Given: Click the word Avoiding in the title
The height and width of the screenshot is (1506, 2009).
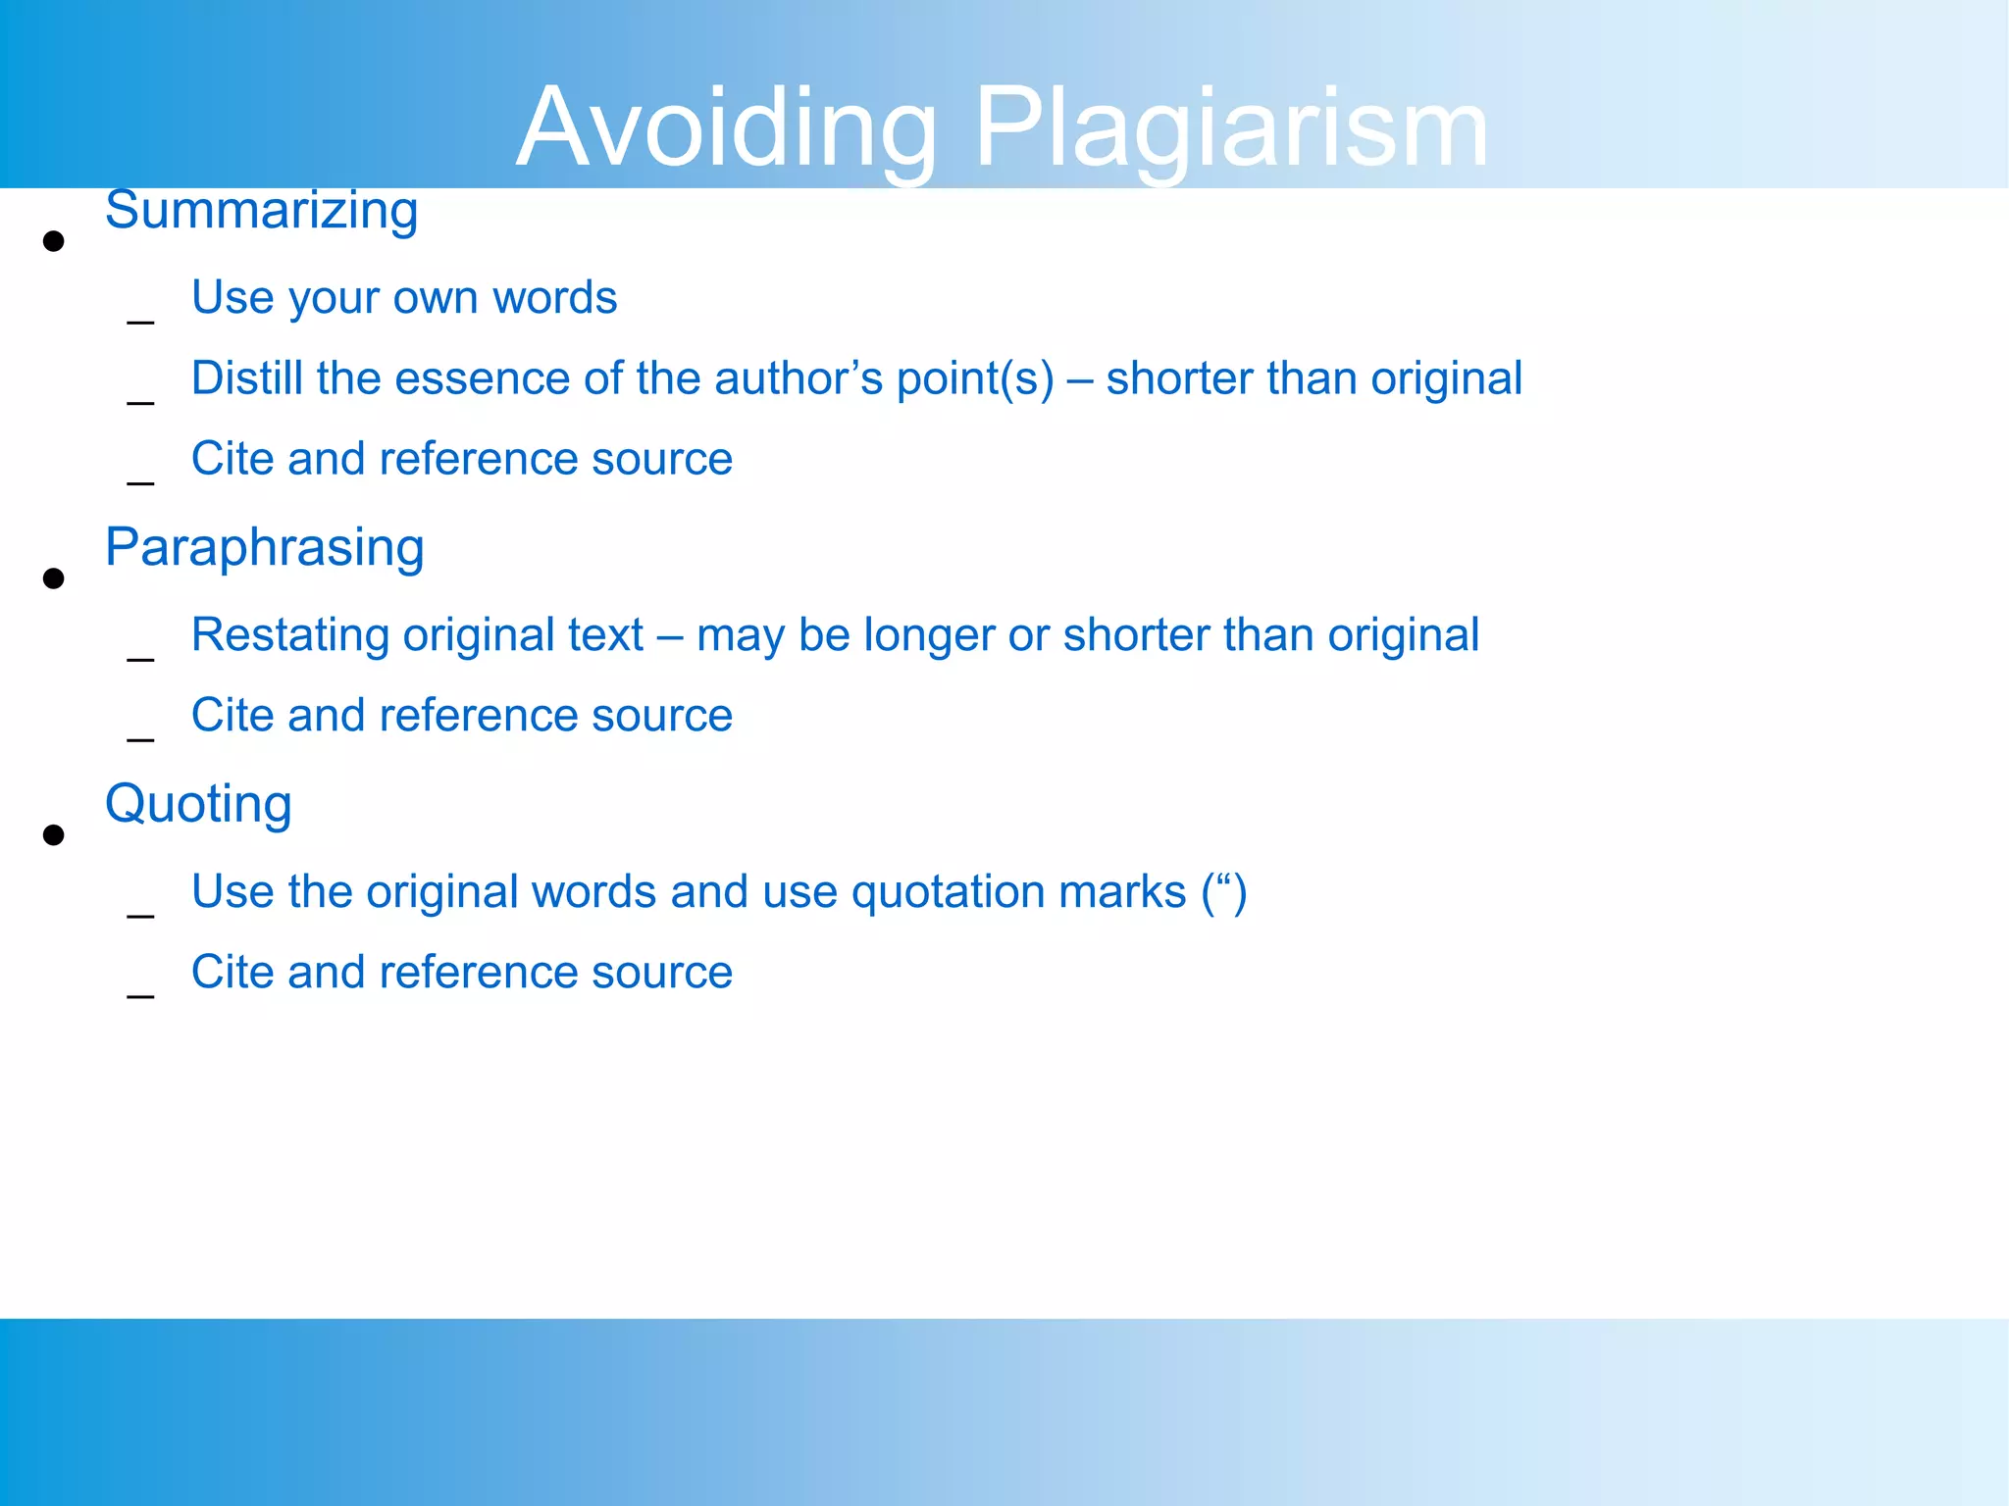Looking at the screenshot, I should (x=726, y=129).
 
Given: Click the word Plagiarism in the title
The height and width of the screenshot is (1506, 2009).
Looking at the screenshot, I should (x=1231, y=129).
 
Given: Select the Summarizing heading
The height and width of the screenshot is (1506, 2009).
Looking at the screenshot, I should (x=261, y=211).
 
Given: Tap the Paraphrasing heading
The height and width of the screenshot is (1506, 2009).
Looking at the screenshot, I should (x=264, y=547).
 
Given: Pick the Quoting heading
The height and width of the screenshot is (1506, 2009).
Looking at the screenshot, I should (x=198, y=804).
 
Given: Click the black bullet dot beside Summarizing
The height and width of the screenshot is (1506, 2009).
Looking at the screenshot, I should (x=54, y=241).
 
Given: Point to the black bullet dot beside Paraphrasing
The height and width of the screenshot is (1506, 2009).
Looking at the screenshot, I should (x=54, y=578).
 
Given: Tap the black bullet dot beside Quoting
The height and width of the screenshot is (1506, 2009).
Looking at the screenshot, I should (x=54, y=835).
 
